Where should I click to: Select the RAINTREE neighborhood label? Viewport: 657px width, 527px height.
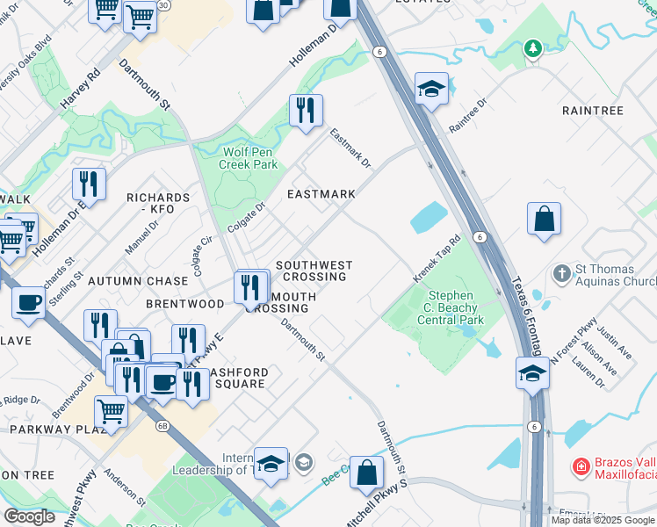[592, 111]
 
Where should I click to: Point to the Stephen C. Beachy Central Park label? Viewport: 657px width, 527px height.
[455, 307]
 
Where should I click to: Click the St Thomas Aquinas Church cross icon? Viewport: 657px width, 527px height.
[562, 273]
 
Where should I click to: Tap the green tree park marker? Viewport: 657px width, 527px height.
[532, 49]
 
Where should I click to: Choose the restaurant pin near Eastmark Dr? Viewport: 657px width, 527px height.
[306, 111]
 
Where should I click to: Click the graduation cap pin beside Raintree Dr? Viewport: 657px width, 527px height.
[431, 89]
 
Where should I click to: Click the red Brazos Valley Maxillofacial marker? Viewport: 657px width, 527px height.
[581, 467]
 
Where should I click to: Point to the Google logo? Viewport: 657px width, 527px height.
[29, 516]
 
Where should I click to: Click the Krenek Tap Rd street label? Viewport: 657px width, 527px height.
[437, 259]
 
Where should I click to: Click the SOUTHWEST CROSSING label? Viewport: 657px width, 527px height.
[314, 271]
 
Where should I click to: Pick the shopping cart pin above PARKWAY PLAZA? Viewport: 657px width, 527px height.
[110, 410]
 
